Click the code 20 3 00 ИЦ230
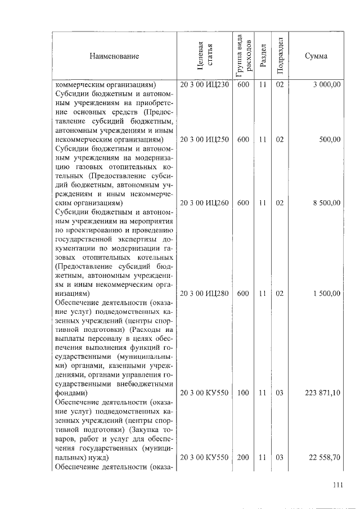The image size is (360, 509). pyautogui.click(x=204, y=85)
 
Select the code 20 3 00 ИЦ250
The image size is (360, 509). pyautogui.click(x=204, y=139)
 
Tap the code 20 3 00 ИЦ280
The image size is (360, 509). pyautogui.click(x=204, y=294)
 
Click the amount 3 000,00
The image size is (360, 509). pyautogui.click(x=327, y=85)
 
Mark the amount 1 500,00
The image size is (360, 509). pyautogui.click(x=327, y=294)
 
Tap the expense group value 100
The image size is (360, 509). pyautogui.click(x=243, y=393)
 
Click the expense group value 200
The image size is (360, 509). pyautogui.click(x=243, y=458)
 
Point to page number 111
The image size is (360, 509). pyautogui.click(x=337, y=485)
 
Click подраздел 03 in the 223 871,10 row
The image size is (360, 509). pyautogui.click(x=280, y=393)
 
